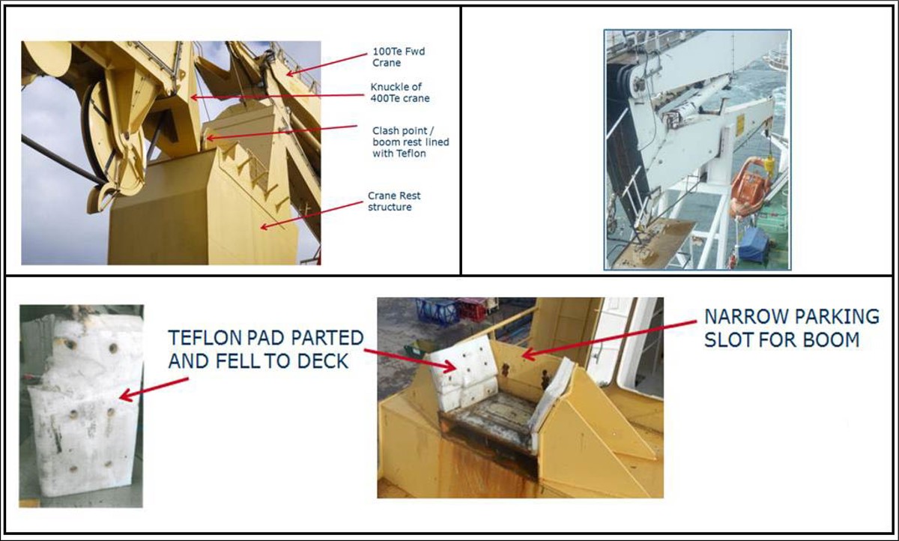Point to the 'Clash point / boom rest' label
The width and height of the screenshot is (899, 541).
(411, 142)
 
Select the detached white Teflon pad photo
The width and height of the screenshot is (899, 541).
(80, 407)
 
